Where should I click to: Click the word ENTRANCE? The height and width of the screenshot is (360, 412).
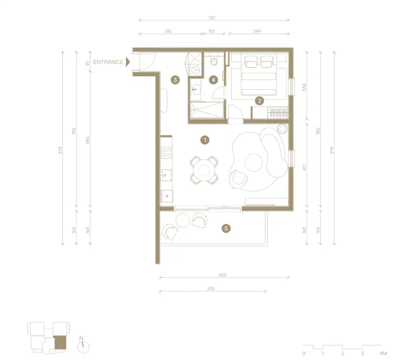pos(108,62)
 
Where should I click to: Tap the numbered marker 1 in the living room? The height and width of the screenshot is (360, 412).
pos(205,140)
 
